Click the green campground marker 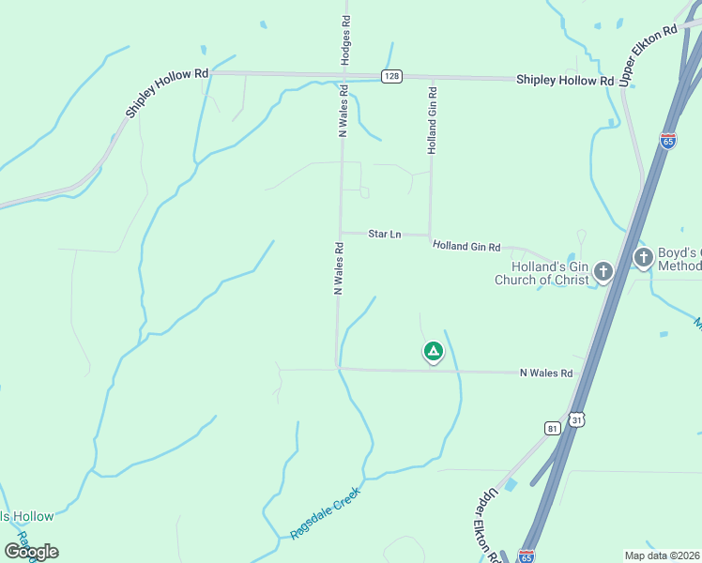click(x=433, y=352)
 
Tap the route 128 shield click(x=392, y=76)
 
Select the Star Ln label click(x=385, y=234)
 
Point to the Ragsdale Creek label click(x=325, y=511)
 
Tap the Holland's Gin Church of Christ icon click(x=603, y=272)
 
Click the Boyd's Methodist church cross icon click(x=644, y=257)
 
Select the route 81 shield click(x=551, y=428)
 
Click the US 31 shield click(x=575, y=421)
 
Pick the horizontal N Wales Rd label click(x=546, y=373)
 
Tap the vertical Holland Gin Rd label click(x=433, y=120)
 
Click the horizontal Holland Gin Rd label click(x=466, y=246)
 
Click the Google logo click(x=31, y=552)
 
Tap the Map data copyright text click(x=662, y=555)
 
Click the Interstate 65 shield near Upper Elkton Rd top click(x=668, y=141)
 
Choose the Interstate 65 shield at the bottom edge click(x=526, y=556)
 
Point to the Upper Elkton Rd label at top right click(x=649, y=51)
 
